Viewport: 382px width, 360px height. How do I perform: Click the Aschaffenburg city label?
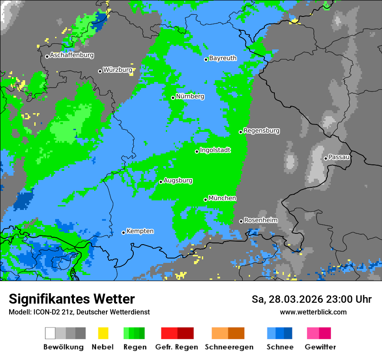[72, 56]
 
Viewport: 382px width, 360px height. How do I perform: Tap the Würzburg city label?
[117, 70]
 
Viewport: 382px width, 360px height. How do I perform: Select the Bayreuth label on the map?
[223, 58]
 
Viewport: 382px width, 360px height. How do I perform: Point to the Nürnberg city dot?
[173, 98]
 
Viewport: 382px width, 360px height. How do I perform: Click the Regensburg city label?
[261, 131]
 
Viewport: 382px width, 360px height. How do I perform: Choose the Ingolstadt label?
[215, 151]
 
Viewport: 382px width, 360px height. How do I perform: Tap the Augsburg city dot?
[161, 182]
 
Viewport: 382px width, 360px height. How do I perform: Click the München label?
[222, 198]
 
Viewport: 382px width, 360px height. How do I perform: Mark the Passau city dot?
[326, 158]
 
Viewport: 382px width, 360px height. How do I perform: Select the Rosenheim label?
[260, 220]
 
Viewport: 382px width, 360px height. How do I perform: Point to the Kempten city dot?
[123, 232]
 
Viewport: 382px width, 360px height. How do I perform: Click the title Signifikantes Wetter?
[72, 299]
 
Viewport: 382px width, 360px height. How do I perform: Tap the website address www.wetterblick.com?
[313, 312]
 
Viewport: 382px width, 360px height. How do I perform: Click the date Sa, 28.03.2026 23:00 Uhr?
[312, 299]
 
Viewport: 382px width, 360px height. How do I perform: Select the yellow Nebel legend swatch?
[103, 333]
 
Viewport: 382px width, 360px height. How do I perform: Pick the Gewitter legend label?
[320, 347]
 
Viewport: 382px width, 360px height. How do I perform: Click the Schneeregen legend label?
[228, 347]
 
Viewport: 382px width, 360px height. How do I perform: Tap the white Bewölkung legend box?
[50, 333]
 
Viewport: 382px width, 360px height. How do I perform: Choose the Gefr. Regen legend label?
[177, 347]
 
